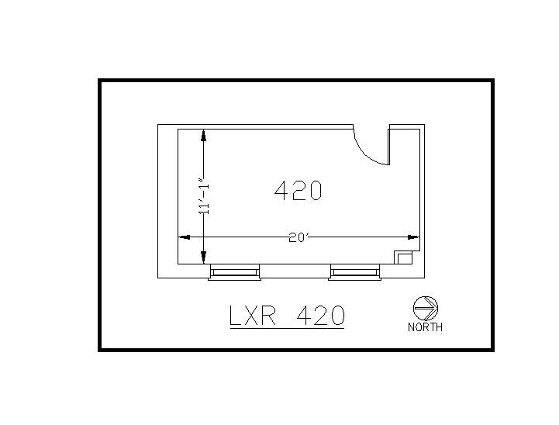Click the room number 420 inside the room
click(x=298, y=190)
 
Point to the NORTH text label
click(x=425, y=327)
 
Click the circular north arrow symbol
click(x=426, y=308)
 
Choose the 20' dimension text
click(x=298, y=237)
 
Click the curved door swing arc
click(x=368, y=151)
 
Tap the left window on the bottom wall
click(x=234, y=271)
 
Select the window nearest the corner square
click(x=354, y=271)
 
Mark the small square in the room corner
click(x=403, y=257)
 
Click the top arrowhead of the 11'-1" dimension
click(x=203, y=135)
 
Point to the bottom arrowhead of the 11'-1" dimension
click(x=203, y=258)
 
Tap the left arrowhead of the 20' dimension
click(x=185, y=237)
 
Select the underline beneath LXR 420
click(x=287, y=329)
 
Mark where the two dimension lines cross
click(x=203, y=237)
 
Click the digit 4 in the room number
click(x=281, y=190)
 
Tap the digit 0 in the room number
click(x=314, y=190)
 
